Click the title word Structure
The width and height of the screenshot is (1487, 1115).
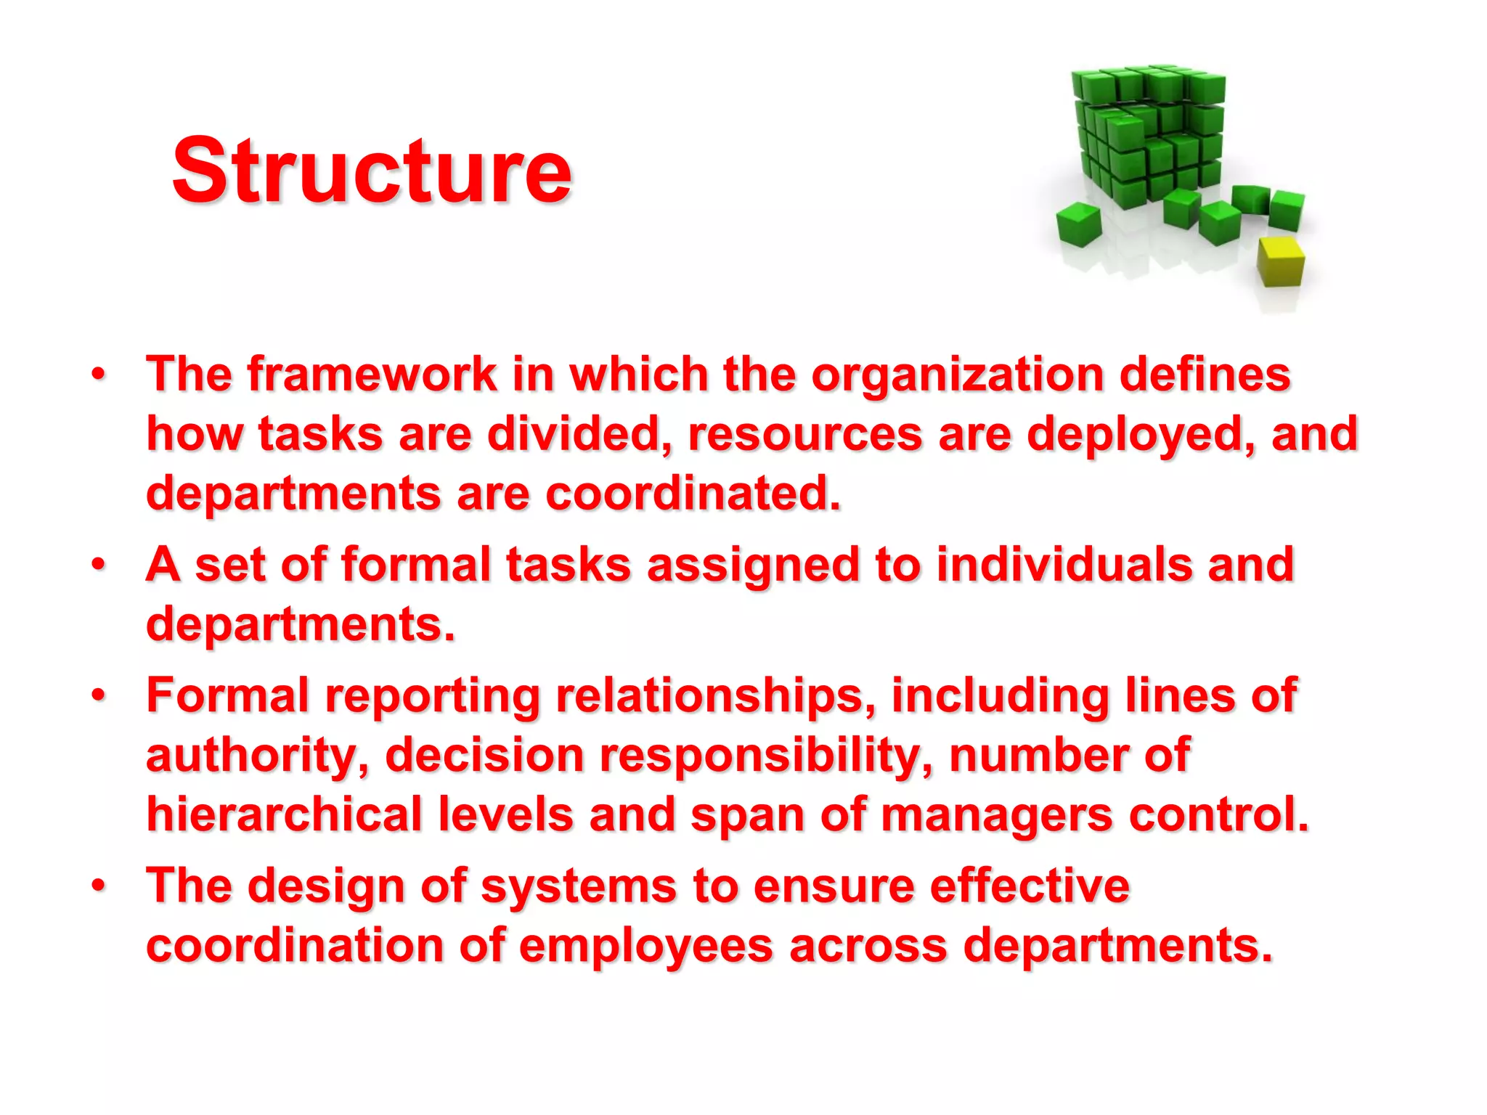[372, 171]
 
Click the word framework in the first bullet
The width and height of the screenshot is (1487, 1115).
[372, 375]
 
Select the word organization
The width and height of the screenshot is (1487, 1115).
[957, 376]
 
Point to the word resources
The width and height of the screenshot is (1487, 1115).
[804, 434]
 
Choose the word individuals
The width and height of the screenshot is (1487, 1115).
[1064, 564]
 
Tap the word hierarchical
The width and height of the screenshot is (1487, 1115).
[285, 814]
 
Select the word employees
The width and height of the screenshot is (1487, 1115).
[645, 947]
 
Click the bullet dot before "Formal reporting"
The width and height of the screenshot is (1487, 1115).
[99, 695]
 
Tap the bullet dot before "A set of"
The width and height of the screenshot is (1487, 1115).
[99, 564]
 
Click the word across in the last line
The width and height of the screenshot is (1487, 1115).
[868, 947]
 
